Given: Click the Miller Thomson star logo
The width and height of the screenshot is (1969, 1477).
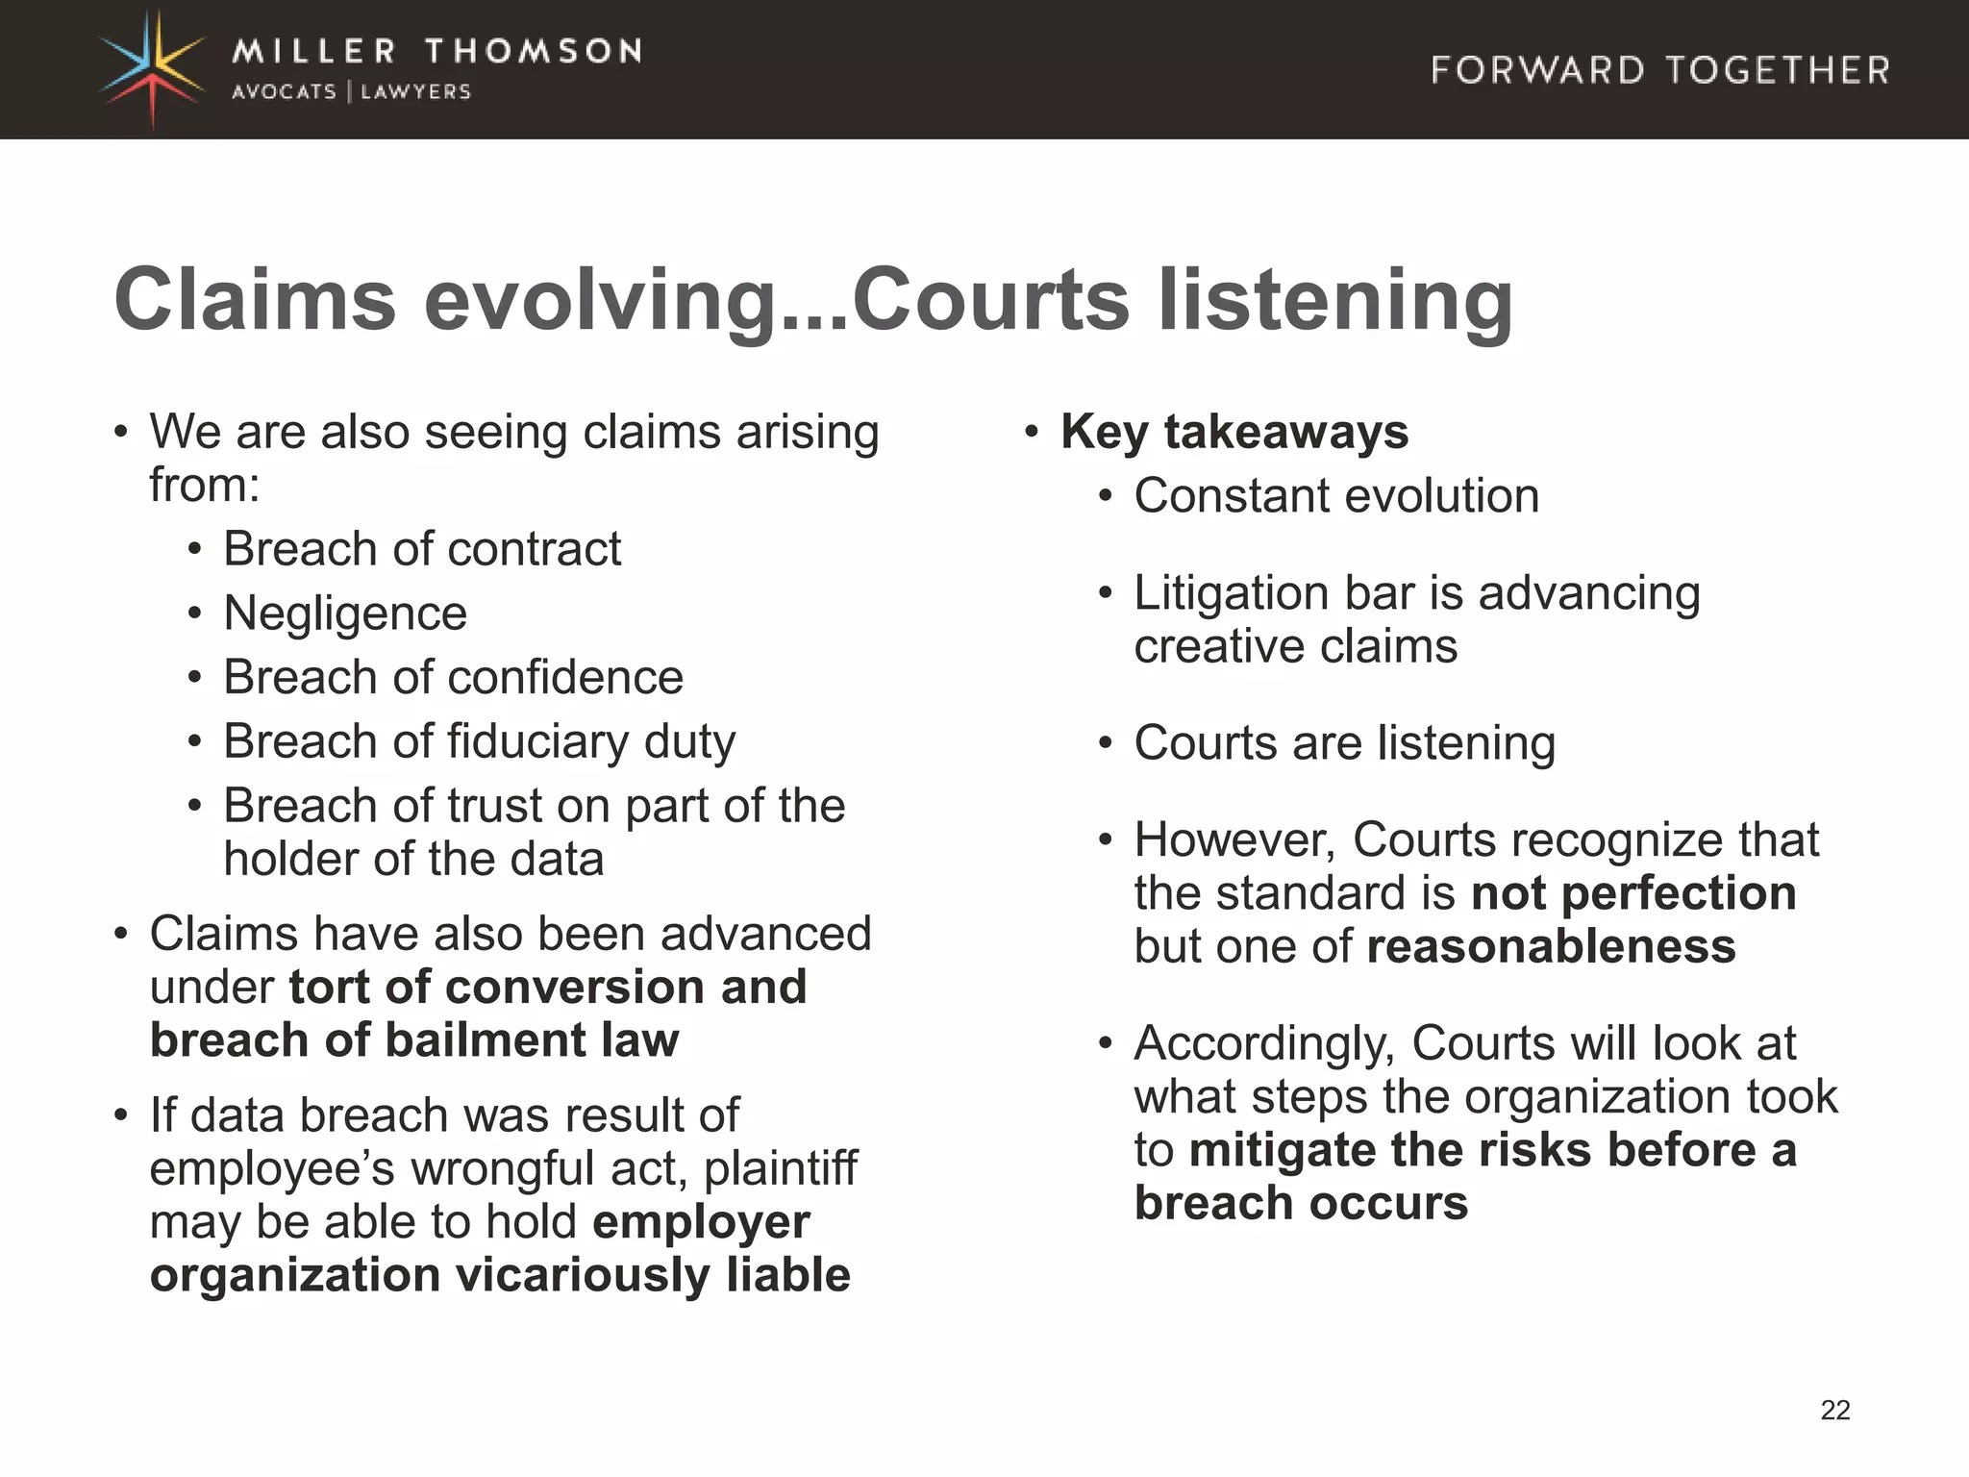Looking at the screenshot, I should pos(153,69).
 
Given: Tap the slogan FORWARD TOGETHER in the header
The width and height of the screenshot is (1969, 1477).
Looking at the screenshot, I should pos(1659,70).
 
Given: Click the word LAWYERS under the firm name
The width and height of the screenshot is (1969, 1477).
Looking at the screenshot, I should pos(415,92).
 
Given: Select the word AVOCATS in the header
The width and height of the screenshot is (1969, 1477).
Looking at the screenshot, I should pos(284,92).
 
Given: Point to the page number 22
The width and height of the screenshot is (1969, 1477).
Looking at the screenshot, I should pos(1834,1410).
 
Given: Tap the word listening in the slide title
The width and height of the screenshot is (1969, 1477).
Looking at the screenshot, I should pos(1335,299).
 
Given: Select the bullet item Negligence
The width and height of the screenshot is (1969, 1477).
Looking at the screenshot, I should pos(345,613).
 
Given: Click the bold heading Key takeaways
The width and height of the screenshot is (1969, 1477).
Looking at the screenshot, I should pos(1234,432).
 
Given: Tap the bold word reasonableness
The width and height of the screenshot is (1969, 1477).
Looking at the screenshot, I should pos(1551,946).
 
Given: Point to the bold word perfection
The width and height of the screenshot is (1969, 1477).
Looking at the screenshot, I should pos(1679,893).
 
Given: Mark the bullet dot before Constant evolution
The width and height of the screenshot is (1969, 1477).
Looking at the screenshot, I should pos(1106,497).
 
